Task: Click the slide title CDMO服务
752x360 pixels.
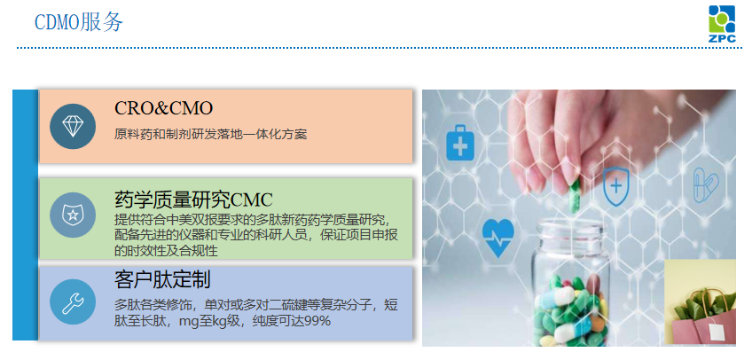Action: tap(78, 22)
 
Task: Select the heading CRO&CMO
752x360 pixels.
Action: tap(164, 108)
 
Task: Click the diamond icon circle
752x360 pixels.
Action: tap(73, 125)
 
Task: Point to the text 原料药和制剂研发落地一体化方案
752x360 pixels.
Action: tap(210, 135)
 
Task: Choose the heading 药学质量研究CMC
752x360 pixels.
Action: tap(193, 199)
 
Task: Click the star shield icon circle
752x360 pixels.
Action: tap(73, 215)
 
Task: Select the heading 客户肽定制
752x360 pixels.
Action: tap(162, 280)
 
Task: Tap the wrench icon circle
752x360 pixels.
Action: tap(73, 302)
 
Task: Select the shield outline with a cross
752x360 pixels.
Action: tap(615, 186)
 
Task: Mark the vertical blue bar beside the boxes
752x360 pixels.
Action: tap(25, 215)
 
